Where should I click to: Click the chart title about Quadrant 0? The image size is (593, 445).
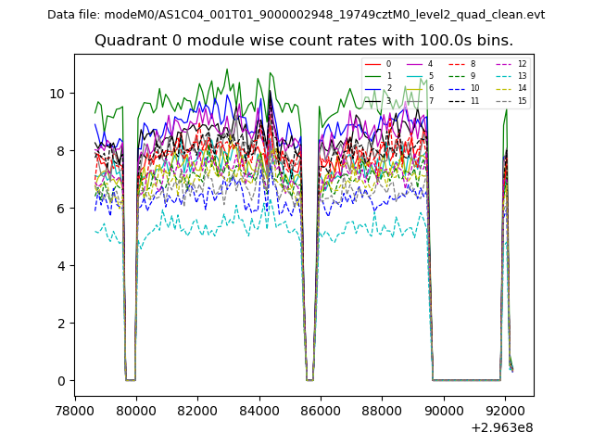303,41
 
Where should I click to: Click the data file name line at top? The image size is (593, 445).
296,15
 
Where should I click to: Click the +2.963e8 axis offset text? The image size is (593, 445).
502,427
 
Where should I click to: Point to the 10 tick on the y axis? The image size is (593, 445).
58,94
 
